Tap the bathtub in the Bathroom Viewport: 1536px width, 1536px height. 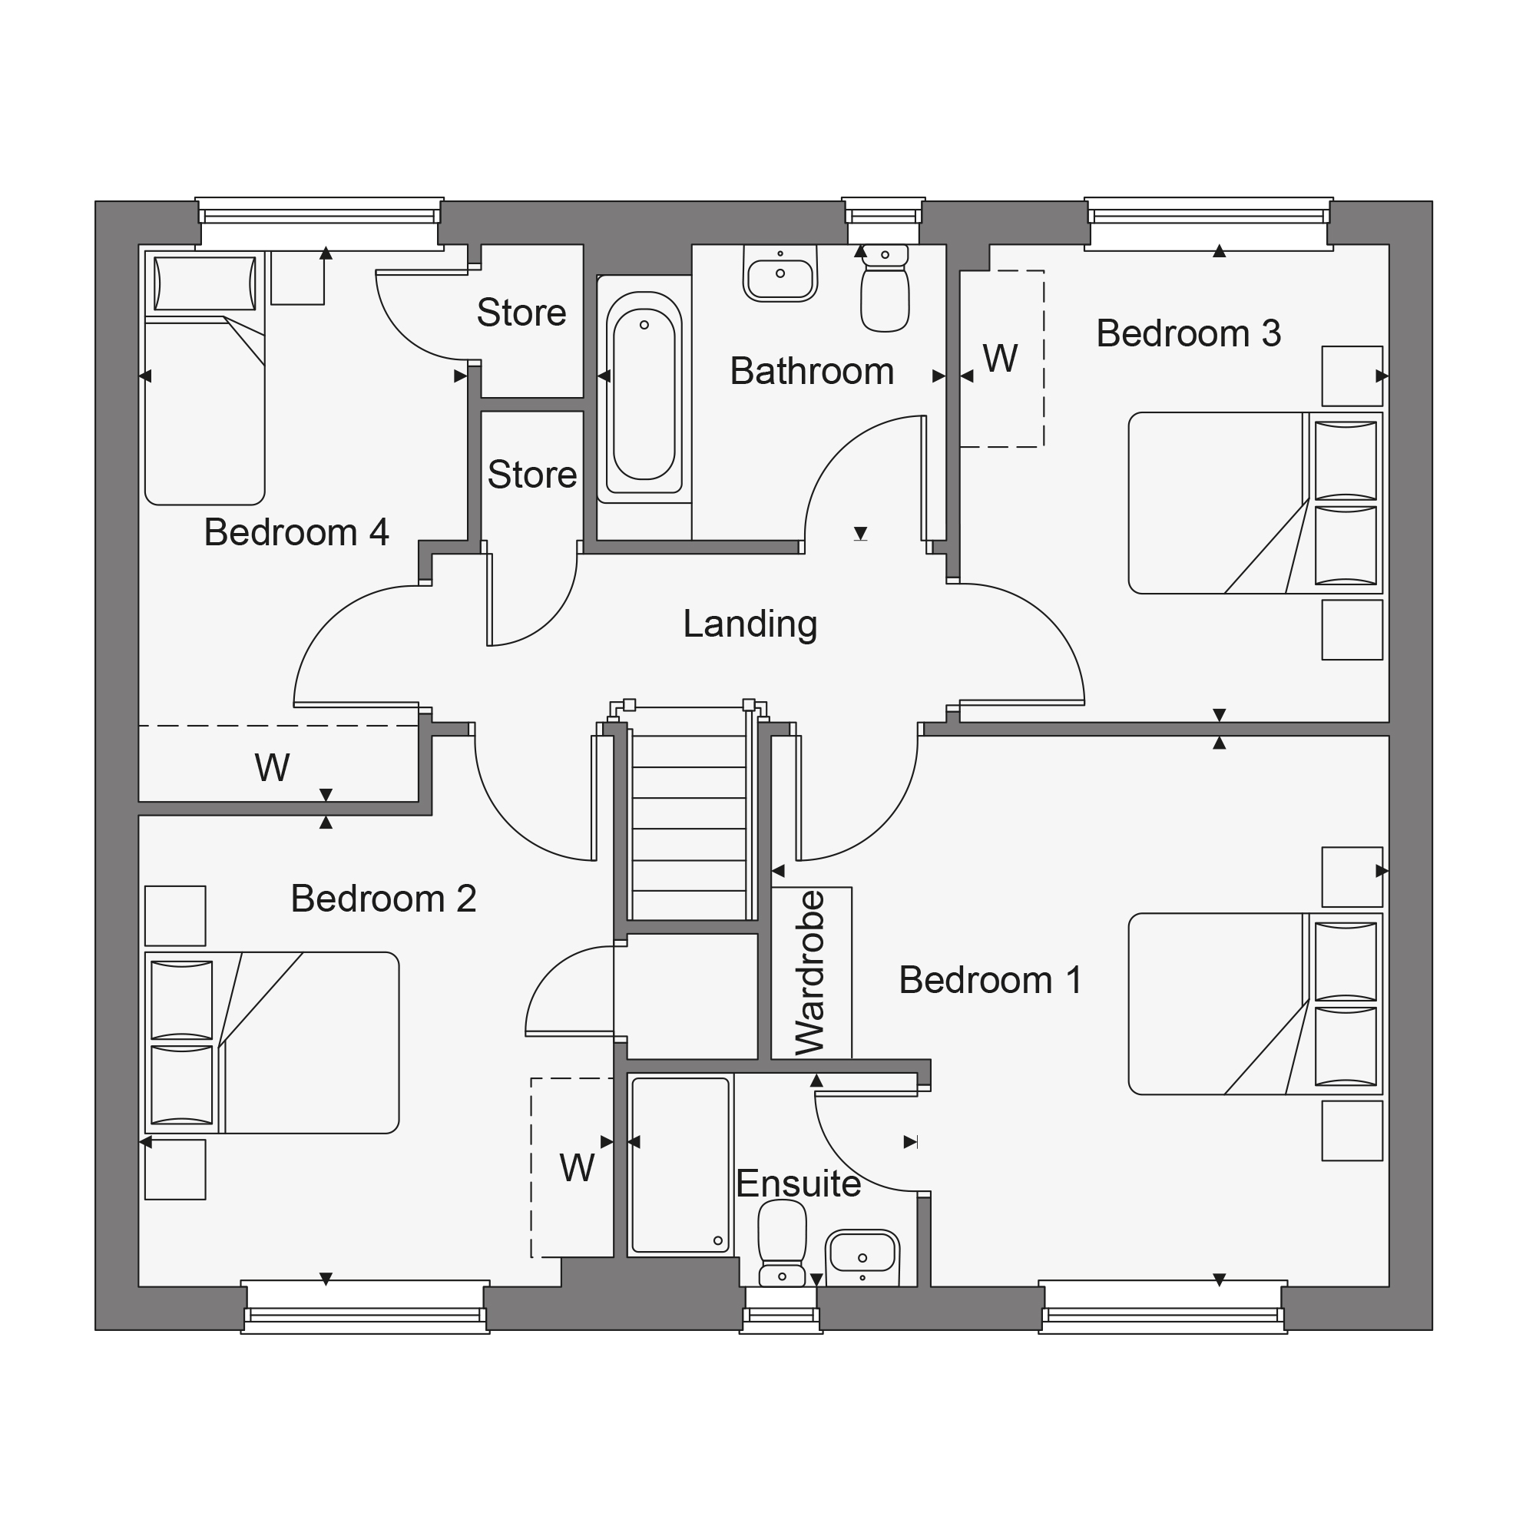coord(644,389)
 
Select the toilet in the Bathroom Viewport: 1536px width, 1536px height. coord(885,288)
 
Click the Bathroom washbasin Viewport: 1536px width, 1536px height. coord(780,273)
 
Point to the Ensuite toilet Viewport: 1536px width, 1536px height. coord(783,1243)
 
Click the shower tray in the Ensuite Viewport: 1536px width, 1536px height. coord(680,1165)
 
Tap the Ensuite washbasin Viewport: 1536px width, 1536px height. coord(862,1258)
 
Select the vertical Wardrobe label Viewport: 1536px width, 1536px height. coord(810,972)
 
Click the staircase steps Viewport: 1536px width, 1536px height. coord(688,827)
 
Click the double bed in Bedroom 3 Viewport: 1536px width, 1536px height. coord(1256,502)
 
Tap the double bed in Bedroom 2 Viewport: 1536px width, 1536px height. coord(272,1042)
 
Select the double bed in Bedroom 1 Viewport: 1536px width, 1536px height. coord(1256,1003)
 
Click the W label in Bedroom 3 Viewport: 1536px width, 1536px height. coord(1000,359)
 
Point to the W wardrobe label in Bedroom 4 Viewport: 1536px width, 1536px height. coord(272,767)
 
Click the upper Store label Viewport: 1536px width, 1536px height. coord(521,313)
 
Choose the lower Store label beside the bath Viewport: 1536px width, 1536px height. coord(532,475)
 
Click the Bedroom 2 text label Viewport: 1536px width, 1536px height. coord(383,899)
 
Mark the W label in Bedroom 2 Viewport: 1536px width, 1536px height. coord(578,1168)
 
